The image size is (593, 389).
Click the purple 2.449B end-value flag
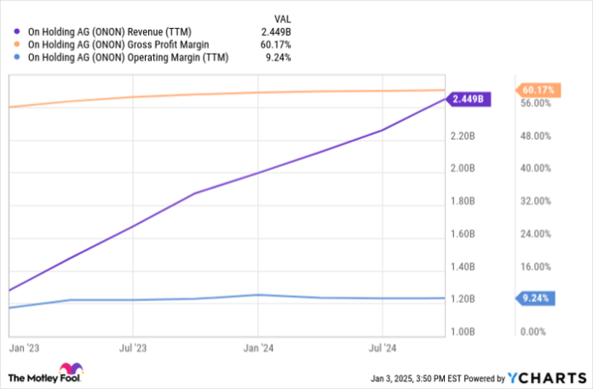[469, 99]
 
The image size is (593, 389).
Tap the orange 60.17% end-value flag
[537, 90]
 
